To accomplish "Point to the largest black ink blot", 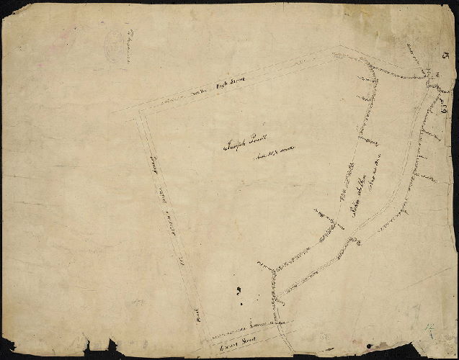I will tap(239, 291).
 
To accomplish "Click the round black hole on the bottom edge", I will tap(369, 346).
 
